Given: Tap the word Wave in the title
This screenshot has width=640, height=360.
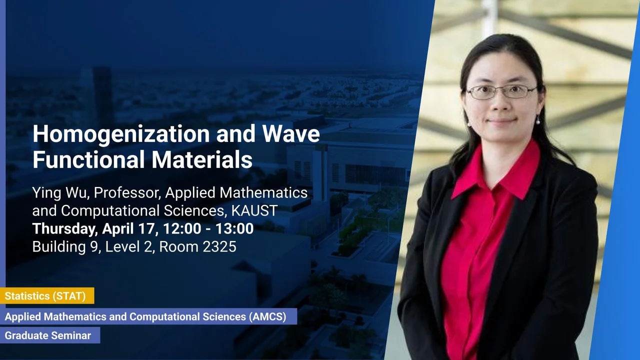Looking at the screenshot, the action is click(291, 133).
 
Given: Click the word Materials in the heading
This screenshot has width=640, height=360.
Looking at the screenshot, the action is click(202, 159).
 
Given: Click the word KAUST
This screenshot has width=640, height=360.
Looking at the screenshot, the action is click(254, 211).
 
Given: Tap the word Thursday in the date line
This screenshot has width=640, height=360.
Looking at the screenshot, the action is click(63, 229).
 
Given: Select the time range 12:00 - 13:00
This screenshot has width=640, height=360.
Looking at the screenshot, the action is click(208, 228).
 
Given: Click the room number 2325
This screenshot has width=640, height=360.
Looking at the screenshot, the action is click(219, 247).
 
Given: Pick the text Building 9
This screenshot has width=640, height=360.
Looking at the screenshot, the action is click(65, 247).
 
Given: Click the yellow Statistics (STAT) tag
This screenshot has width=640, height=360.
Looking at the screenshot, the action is click(47, 295).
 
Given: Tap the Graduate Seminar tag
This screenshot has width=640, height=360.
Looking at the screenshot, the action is click(50, 335).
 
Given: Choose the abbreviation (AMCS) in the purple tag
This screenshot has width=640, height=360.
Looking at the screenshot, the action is click(267, 316).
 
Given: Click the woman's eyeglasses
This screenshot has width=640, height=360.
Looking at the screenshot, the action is click(501, 92).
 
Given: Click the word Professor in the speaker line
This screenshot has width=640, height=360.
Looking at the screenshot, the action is click(127, 193).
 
